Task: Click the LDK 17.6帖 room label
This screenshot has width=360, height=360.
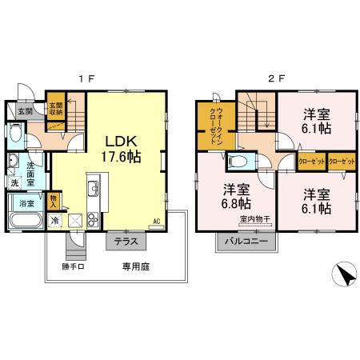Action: [121, 149]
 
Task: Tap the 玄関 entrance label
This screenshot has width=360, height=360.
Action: [26, 111]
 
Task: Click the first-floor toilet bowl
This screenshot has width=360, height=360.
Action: [15, 133]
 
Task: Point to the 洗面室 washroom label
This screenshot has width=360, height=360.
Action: [30, 174]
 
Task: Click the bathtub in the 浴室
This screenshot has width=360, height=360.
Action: [26, 220]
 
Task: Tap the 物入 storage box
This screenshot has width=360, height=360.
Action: [54, 202]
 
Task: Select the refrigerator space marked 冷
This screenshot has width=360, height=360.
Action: [55, 221]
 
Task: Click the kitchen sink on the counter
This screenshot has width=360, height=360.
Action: [94, 188]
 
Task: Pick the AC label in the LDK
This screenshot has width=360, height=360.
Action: [157, 221]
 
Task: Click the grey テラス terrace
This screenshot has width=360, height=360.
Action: [126, 241]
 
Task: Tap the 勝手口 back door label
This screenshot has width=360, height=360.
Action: [74, 266]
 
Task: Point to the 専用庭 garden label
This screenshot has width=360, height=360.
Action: [136, 266]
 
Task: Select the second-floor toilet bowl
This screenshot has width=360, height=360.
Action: [237, 161]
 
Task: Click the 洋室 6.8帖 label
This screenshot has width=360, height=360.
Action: [236, 197]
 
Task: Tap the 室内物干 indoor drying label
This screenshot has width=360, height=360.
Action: [255, 219]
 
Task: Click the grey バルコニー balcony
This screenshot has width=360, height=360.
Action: [246, 242]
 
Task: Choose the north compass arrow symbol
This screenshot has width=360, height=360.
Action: [346, 274]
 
